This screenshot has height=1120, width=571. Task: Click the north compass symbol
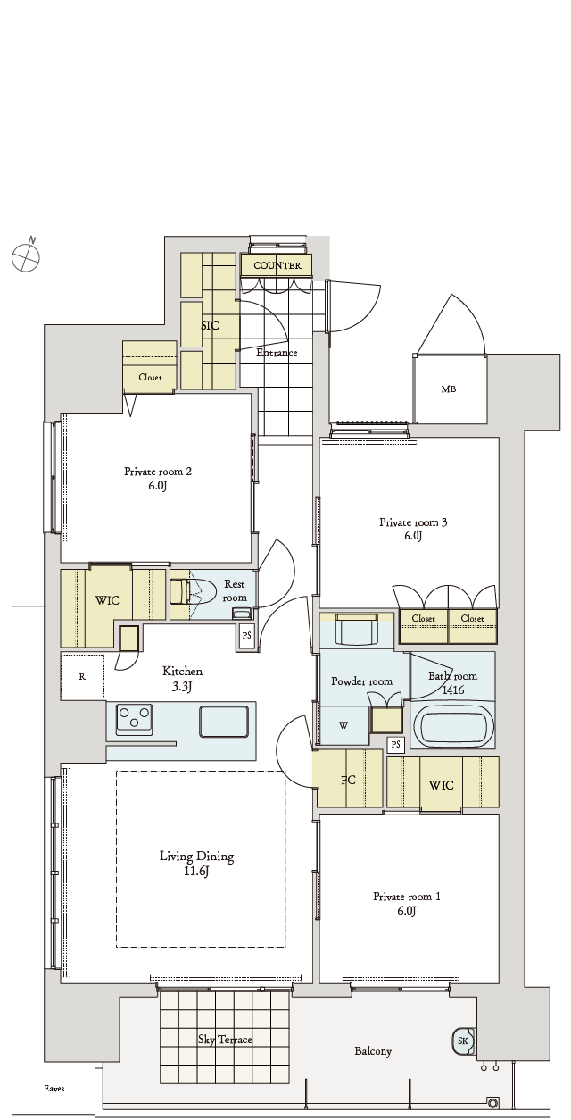26,257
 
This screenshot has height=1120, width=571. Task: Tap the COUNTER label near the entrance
277,265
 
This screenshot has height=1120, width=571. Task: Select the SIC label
210,325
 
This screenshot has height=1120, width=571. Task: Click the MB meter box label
449,389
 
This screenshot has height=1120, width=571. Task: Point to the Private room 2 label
158,478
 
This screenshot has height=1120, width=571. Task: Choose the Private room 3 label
413,529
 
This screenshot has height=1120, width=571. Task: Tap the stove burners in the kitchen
134,719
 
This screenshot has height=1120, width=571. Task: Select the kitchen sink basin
224,721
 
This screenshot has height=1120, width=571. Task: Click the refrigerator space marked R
82,676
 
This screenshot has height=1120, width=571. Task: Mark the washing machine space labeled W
343,725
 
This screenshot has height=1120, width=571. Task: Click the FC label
348,780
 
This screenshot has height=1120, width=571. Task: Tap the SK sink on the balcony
464,1041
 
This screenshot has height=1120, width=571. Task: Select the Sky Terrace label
225,1040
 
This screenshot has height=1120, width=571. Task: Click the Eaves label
54,1089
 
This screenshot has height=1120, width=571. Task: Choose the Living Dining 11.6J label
197,864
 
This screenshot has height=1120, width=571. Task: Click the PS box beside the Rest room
247,637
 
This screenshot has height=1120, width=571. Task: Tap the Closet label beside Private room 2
151,377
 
